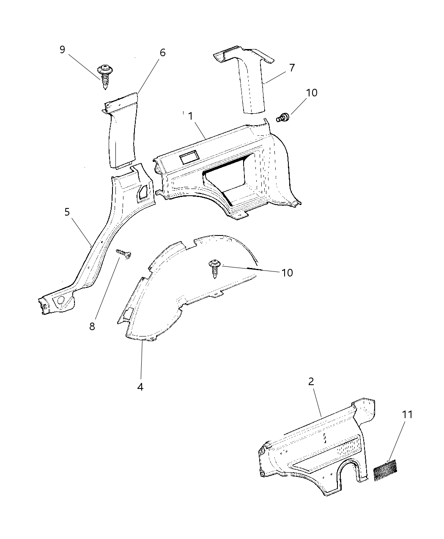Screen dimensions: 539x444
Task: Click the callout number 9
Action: coord(62,50)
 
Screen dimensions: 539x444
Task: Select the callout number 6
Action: coord(162,53)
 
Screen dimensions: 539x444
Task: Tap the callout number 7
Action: coord(292,68)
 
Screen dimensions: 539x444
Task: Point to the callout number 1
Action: coord(191,116)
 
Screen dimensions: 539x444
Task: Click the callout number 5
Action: coord(67,212)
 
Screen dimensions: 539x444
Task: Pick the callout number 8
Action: coord(92,326)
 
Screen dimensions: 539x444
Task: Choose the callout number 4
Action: coord(140,387)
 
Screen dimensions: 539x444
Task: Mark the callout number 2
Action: coord(311,381)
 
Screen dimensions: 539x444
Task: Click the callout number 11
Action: coord(407,415)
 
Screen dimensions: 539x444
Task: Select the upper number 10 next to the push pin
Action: coord(311,93)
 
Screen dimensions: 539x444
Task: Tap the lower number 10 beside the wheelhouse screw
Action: coord(287,273)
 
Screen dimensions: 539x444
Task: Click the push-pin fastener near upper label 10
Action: coord(283,117)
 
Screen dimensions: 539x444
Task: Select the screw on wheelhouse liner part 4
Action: coord(215,268)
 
